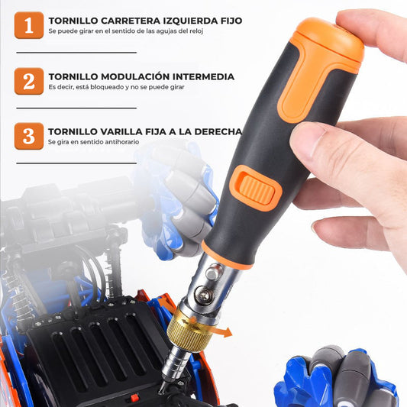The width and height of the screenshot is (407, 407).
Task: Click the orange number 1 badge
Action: tap(29, 25)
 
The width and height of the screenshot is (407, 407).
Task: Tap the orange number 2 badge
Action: tap(29, 81)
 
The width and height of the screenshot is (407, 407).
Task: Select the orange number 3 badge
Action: tap(29, 136)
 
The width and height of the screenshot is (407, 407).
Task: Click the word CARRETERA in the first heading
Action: tap(131, 21)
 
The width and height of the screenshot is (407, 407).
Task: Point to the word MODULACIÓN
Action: tap(135, 76)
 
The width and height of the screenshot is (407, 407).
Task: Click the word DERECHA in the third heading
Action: tap(218, 131)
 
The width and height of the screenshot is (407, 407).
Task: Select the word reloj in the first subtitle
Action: tap(195, 31)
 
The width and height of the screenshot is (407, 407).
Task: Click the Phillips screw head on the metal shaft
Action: tap(205, 295)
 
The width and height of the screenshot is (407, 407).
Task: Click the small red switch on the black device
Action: tap(134, 397)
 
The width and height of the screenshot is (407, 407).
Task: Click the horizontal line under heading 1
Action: tap(76, 53)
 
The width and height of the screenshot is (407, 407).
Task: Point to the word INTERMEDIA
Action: tap(203, 77)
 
